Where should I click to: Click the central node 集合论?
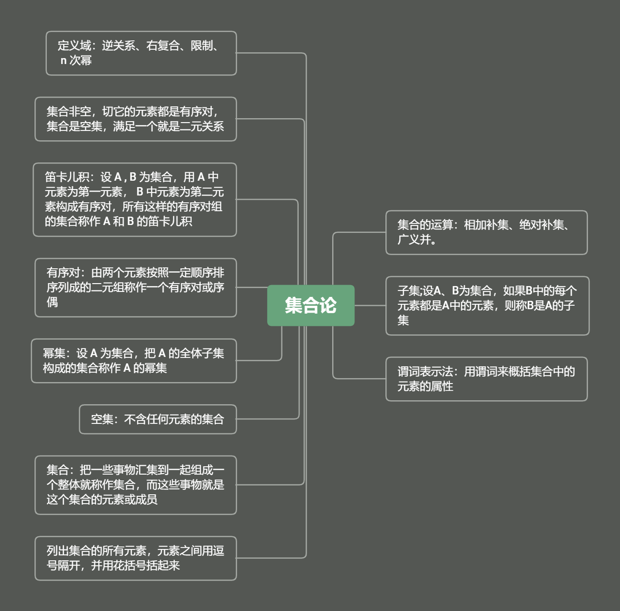pyautogui.click(x=310, y=305)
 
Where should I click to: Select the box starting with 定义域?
pyautogui.click(x=141, y=53)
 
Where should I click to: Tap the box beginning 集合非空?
pyautogui.click(x=136, y=119)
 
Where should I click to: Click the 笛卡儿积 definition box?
pyautogui.click(x=135, y=199)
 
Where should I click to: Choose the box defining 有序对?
pyautogui.click(x=136, y=288)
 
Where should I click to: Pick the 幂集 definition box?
pyautogui.click(x=134, y=361)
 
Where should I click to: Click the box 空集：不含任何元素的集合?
pyautogui.click(x=158, y=419)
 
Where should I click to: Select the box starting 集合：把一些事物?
pyautogui.click(x=136, y=485)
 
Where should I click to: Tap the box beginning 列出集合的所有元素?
pyautogui.click(x=136, y=558)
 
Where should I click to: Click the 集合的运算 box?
pyautogui.click(x=486, y=232)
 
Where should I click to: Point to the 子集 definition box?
pyautogui.click(x=487, y=306)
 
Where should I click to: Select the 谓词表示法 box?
pyautogui.click(x=486, y=379)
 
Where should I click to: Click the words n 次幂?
pyautogui.click(x=76, y=61)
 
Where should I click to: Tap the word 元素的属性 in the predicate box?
pyautogui.click(x=425, y=386)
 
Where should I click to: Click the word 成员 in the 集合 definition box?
pyautogui.click(x=146, y=500)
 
